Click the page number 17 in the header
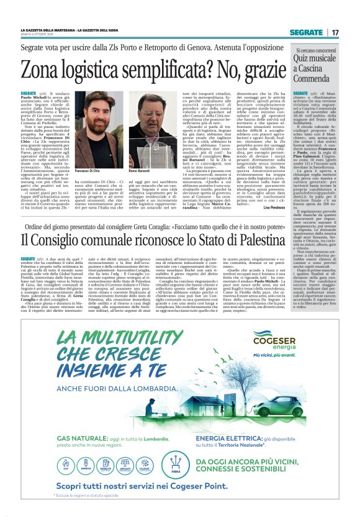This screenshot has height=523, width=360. click(335, 32)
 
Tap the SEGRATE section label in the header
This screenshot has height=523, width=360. click(306, 32)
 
